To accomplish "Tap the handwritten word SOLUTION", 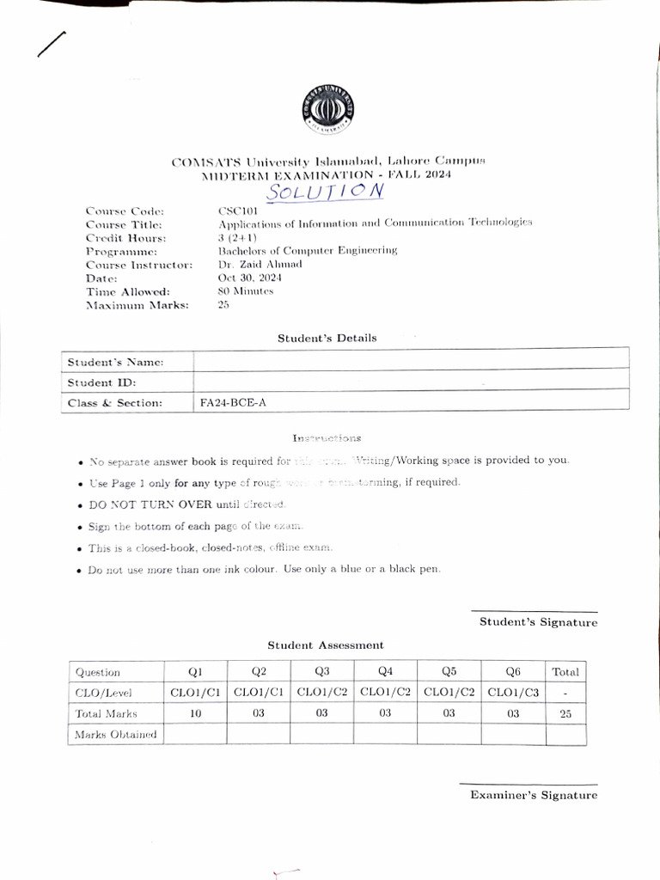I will pos(325,190).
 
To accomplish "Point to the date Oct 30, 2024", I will pos(249,278).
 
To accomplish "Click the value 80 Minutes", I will pos(246,291).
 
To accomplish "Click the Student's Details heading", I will pos(327,338).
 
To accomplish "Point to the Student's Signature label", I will pos(538,622).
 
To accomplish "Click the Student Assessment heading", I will pos(325,645).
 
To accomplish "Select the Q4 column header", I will pos(385,672).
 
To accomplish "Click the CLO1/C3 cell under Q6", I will pos(512,692).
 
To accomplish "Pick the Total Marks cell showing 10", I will pos(194,712).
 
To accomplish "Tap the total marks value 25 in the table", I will pos(565,712).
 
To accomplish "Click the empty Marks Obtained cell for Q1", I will pos(194,734).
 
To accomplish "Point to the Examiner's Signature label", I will pos(533,795).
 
